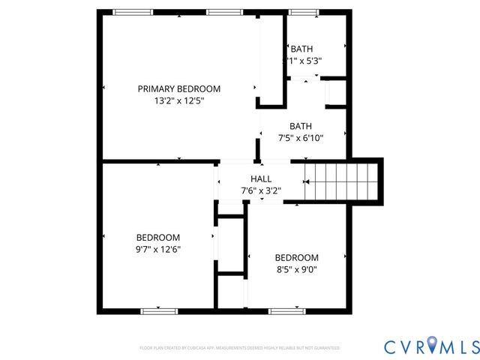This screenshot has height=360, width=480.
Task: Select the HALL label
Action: pyautogui.click(x=260, y=179)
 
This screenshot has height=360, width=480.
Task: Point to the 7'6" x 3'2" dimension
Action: pyautogui.click(x=260, y=190)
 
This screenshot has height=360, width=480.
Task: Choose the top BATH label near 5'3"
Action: pyautogui.click(x=302, y=49)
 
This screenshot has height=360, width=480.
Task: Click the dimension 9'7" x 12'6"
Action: pyautogui.click(x=157, y=249)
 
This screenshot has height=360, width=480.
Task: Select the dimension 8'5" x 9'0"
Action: pyautogui.click(x=296, y=268)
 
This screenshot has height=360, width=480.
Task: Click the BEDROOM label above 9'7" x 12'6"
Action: pyautogui.click(x=157, y=238)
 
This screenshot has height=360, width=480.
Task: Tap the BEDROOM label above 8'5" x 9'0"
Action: pyautogui.click(x=296, y=257)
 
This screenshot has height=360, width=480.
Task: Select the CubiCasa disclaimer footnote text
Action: pyautogui.click(x=239, y=348)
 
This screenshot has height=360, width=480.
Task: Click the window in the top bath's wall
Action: pyautogui.click(x=301, y=11)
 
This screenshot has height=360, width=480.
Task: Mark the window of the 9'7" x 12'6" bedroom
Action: pyautogui.click(x=159, y=310)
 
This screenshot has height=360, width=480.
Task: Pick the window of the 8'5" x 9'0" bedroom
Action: pyautogui.click(x=285, y=310)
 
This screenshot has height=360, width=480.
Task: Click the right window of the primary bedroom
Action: pyautogui.click(x=220, y=11)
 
